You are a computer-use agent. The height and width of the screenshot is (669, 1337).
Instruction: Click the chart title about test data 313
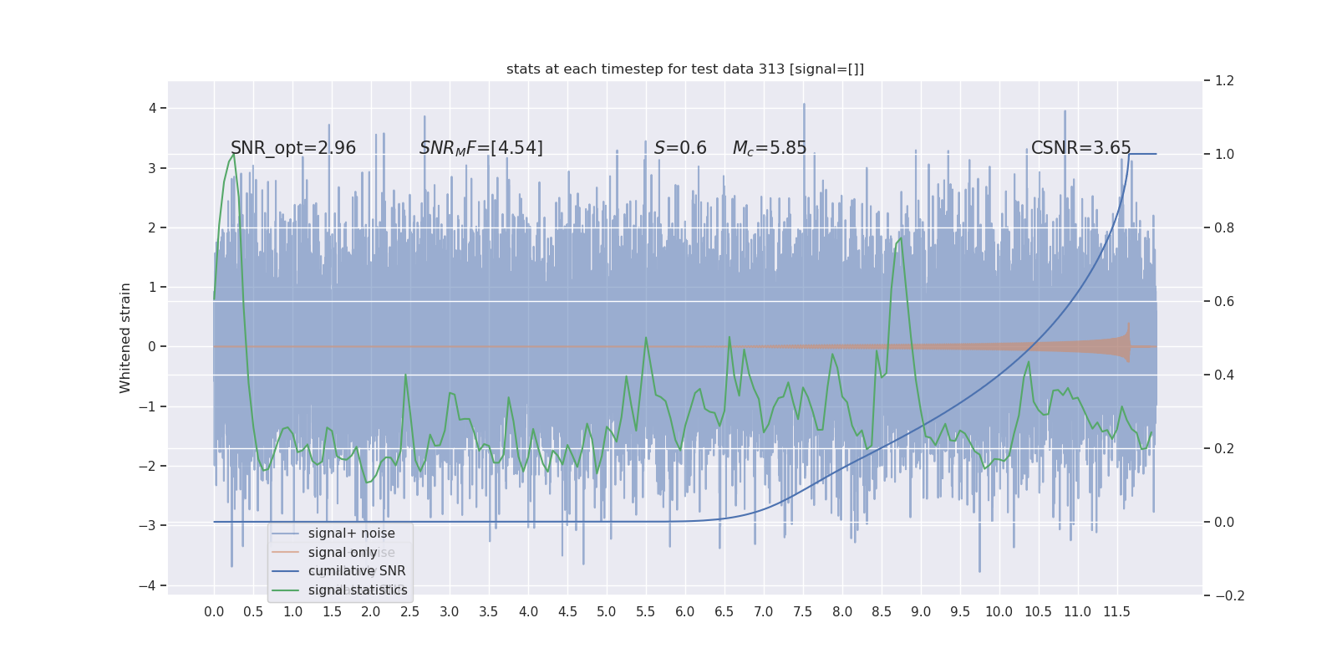click(685, 69)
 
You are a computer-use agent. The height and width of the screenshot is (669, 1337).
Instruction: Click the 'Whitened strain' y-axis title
click(125, 338)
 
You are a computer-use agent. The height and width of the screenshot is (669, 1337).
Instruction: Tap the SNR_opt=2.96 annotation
click(293, 148)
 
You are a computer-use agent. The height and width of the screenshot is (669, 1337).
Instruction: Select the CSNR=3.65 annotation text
click(1080, 148)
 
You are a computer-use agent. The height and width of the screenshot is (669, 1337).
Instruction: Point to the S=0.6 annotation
click(680, 148)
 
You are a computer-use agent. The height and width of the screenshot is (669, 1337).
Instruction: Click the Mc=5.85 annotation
click(770, 148)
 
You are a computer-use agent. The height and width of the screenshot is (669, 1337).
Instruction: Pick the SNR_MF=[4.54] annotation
click(481, 148)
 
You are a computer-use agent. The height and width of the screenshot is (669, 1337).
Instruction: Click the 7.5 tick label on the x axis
click(802, 612)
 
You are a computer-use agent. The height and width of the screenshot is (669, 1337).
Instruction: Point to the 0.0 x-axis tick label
click(214, 612)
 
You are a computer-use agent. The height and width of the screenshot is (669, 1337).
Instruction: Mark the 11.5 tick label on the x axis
click(1116, 612)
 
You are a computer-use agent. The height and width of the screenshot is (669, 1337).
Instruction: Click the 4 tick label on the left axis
click(153, 108)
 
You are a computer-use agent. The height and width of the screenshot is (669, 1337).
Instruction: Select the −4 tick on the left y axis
click(149, 585)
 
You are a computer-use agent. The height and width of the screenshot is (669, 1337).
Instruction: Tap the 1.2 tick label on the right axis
click(1224, 81)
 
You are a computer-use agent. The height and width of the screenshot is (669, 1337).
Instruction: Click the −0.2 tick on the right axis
click(1228, 595)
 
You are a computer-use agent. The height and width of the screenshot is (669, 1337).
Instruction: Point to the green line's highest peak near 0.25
click(233, 154)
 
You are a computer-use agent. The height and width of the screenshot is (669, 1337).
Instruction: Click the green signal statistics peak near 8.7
click(900, 238)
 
